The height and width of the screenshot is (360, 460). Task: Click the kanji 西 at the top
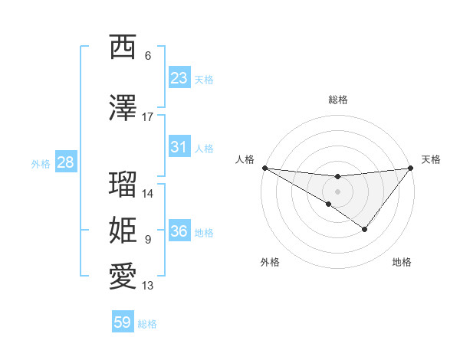[123, 47]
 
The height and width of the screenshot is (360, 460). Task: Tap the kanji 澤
[123, 108]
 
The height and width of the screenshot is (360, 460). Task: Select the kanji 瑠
[123, 185]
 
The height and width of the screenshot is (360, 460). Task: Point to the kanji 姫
[123, 231]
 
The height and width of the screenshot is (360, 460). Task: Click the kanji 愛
[123, 277]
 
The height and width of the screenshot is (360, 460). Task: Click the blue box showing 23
[179, 78]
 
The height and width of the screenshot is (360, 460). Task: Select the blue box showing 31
[179, 147]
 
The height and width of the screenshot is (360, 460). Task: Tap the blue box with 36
[179, 231]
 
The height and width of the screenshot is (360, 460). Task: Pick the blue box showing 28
[65, 162]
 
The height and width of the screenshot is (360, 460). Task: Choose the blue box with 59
[123, 322]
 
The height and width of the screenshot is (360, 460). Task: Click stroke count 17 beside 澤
[148, 117]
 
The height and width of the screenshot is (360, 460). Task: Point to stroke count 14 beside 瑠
[148, 194]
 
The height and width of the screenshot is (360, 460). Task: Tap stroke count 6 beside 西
[148, 56]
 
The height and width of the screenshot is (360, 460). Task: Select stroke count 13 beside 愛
[148, 286]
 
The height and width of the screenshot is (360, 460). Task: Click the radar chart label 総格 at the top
[337, 100]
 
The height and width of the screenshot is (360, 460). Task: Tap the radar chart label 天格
[432, 159]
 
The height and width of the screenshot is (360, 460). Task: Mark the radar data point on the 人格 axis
[264, 167]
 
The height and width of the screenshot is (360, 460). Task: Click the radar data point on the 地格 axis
[365, 229]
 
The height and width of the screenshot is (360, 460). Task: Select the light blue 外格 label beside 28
[41, 163]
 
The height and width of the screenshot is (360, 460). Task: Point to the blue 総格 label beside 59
[147, 324]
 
